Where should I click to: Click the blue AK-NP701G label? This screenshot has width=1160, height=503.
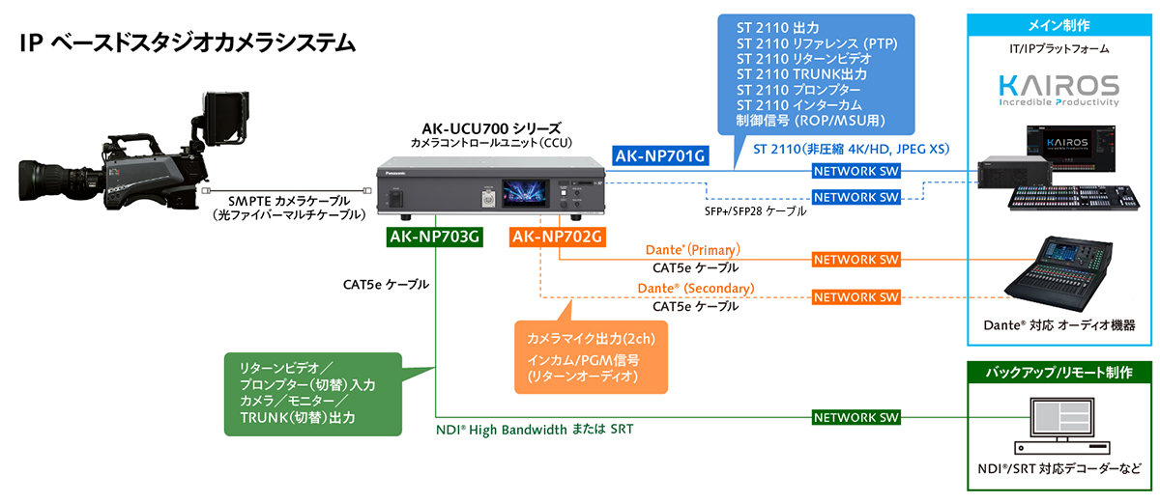click(660, 155)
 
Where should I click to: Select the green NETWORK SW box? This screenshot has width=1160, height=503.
click(855, 417)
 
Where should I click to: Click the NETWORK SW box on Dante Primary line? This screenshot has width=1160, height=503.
click(855, 260)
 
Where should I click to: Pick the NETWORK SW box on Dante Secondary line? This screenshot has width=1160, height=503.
click(855, 296)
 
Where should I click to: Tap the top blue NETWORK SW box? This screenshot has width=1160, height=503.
click(855, 172)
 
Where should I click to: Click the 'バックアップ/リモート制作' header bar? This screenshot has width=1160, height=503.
click(1061, 371)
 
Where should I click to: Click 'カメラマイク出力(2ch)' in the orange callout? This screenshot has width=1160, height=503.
click(591, 340)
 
